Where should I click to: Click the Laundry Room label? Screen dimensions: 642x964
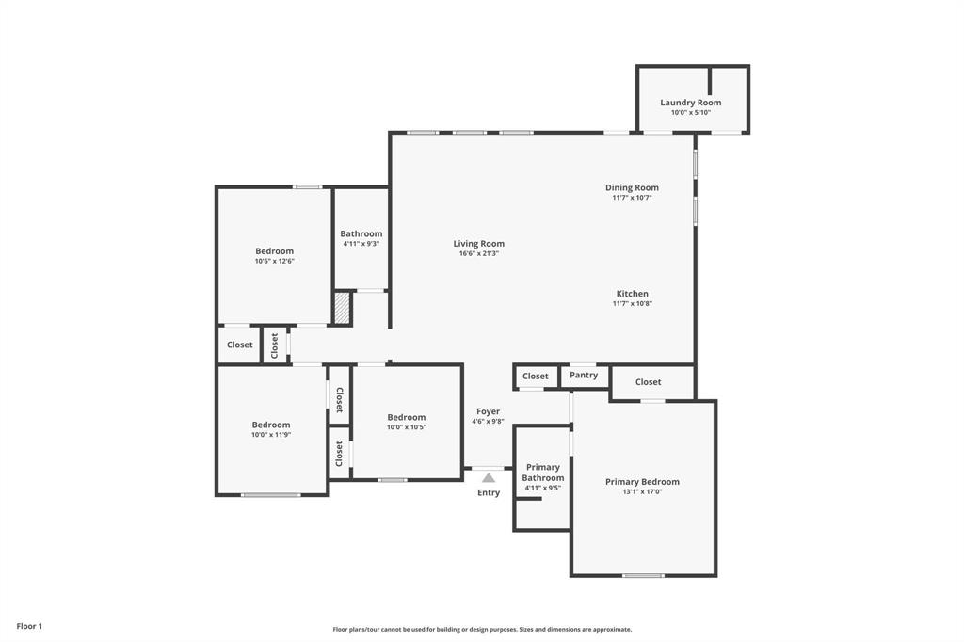coord(690,103)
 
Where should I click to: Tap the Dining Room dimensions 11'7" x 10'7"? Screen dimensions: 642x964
coord(632,198)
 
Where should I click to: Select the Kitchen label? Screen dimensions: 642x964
coord(632,294)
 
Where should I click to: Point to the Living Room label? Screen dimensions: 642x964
coord(478,244)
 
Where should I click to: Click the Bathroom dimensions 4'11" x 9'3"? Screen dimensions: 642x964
coord(361,244)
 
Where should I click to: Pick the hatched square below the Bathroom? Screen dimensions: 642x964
coord(343,308)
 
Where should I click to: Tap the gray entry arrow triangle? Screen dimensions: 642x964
coord(489,478)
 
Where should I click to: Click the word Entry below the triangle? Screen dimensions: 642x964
coord(489,493)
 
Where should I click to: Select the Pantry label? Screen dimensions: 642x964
coord(584,375)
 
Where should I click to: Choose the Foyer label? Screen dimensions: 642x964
coord(488,411)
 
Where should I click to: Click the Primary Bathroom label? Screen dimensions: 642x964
coord(542,473)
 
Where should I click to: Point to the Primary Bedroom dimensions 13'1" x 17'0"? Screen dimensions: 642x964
coord(642,491)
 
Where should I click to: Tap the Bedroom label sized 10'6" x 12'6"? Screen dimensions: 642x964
coord(274,251)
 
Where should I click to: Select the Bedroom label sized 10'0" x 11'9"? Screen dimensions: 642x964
coord(270,425)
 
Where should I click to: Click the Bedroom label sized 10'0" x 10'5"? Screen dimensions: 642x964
coord(406,417)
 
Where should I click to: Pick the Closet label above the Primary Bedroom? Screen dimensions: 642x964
coord(648,382)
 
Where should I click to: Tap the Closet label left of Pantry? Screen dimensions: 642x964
coord(535,377)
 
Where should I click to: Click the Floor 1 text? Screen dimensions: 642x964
coord(29,626)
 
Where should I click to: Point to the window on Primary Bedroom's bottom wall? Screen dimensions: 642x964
coord(642,575)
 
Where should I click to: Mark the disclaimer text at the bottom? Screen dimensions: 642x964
coord(482,630)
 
